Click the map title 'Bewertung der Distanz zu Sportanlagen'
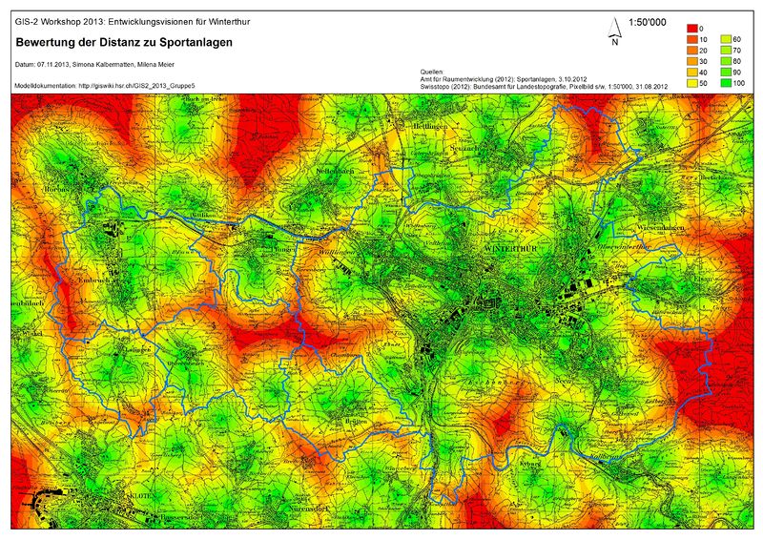[x=123, y=43]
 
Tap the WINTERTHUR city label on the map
[x=512, y=246]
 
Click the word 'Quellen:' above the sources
[x=432, y=72]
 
